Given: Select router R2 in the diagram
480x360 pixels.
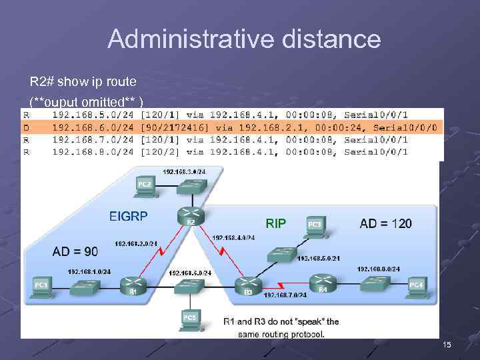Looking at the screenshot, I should (187, 215).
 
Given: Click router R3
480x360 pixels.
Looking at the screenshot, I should (247, 285).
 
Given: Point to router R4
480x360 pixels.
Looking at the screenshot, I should (322, 283).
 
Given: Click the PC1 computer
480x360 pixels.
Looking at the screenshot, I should (41, 286).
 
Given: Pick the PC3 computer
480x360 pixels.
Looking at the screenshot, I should (314, 225).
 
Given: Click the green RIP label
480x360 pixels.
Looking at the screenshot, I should (275, 223).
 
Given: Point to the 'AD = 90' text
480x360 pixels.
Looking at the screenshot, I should (75, 251).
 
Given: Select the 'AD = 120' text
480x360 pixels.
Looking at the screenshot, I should (385, 223).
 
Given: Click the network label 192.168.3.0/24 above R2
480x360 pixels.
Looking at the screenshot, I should (184, 171).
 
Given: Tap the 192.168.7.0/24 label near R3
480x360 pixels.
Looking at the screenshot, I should (285, 295).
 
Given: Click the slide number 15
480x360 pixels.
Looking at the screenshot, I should (447, 344).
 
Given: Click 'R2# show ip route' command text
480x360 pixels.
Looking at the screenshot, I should (83, 82).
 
